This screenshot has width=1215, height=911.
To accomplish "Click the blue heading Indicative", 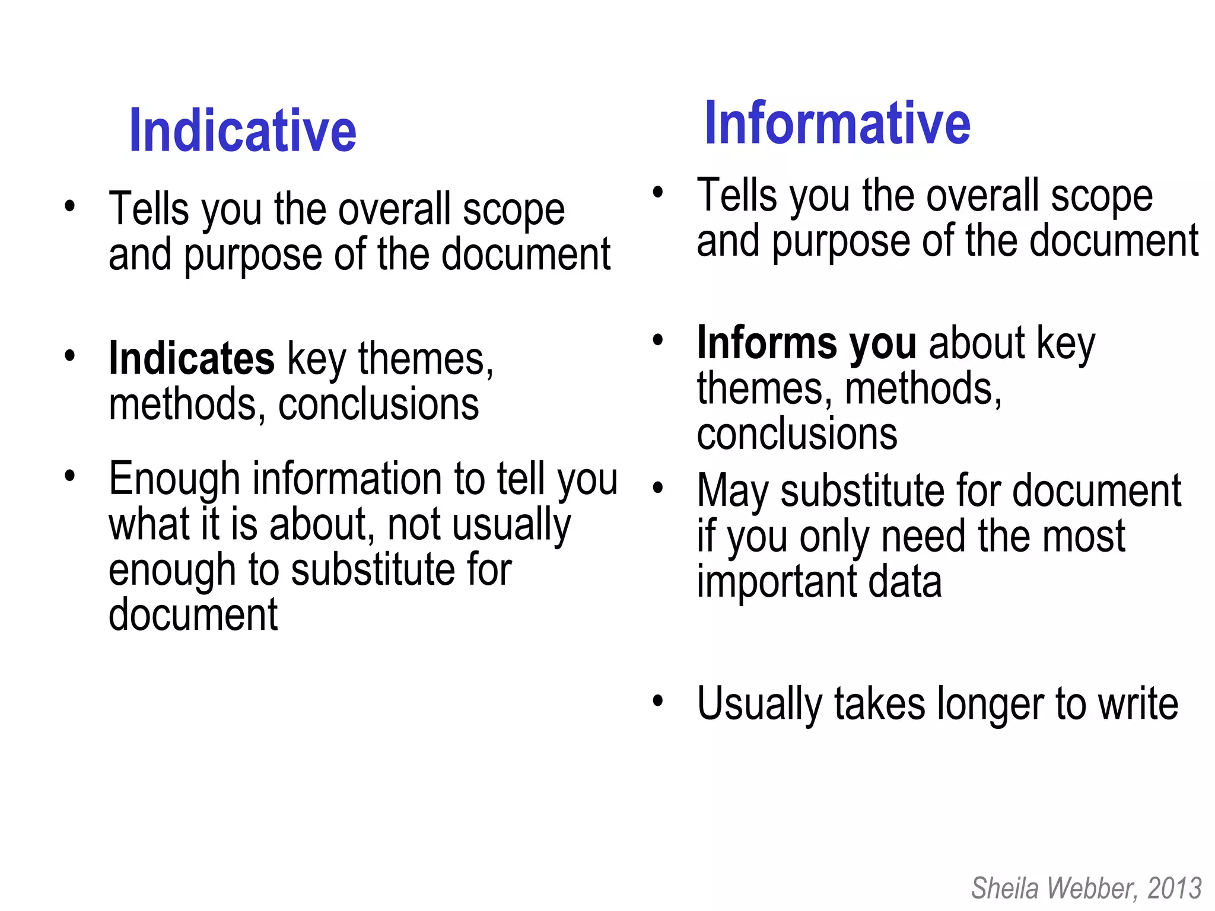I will coord(242,131).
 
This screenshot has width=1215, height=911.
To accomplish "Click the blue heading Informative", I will coord(836,123).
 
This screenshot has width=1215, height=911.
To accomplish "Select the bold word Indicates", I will coord(191,359).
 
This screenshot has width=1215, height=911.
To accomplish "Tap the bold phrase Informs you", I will coord(806,343).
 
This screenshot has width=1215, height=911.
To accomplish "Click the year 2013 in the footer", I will coord(1174,888).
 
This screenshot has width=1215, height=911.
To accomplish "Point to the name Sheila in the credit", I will coord(1004,888).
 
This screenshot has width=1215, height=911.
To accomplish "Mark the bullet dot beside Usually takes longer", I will coord(657,701).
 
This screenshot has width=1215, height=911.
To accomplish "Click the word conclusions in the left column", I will coord(378,404).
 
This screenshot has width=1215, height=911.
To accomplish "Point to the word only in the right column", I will coord(834,537).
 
